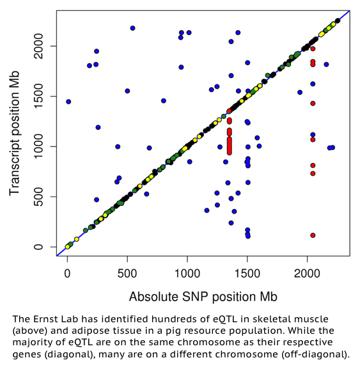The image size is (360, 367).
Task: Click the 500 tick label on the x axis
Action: (x=127, y=274)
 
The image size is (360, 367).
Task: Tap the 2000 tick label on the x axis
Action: (x=307, y=274)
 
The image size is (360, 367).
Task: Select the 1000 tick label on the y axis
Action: (x=38, y=146)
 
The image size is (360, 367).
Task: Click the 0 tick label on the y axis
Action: (x=38, y=247)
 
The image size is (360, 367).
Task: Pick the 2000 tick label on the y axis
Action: (x=38, y=46)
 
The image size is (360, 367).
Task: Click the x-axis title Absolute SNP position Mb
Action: (x=203, y=297)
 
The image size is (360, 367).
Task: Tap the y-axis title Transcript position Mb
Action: (x=15, y=133)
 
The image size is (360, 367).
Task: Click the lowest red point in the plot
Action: (x=313, y=235)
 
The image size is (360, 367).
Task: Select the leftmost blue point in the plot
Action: (x=68, y=102)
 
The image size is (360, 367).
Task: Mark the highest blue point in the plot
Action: (x=132, y=28)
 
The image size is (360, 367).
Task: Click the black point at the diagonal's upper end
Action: (x=338, y=21)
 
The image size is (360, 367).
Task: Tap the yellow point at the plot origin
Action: (x=67, y=247)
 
